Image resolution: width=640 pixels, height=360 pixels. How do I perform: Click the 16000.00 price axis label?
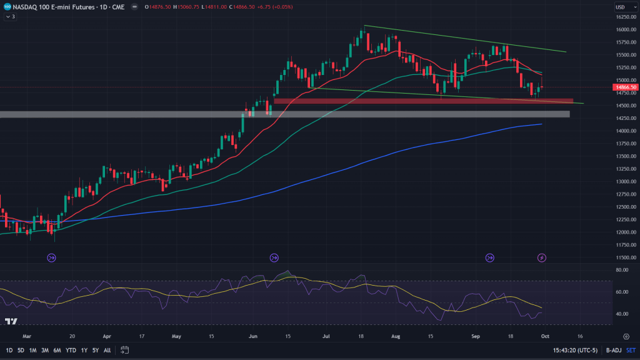(x=624, y=29)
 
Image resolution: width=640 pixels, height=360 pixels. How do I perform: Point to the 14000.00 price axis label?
(x=624, y=131)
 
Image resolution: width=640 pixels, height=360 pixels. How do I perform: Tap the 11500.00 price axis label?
(x=624, y=257)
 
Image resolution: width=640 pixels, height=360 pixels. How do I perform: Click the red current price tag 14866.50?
(x=626, y=87)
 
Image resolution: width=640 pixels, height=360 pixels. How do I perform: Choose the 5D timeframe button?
(x=22, y=350)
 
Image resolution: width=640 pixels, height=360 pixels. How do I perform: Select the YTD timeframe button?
(x=70, y=350)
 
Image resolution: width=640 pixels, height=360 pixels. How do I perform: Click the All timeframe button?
(x=107, y=350)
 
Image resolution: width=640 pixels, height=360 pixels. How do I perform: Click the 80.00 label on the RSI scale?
(x=621, y=270)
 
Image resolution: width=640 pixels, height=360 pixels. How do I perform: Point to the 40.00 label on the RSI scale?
(x=621, y=314)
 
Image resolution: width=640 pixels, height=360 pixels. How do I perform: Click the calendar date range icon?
(x=124, y=350)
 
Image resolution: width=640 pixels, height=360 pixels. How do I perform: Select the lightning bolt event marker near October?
(x=542, y=257)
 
